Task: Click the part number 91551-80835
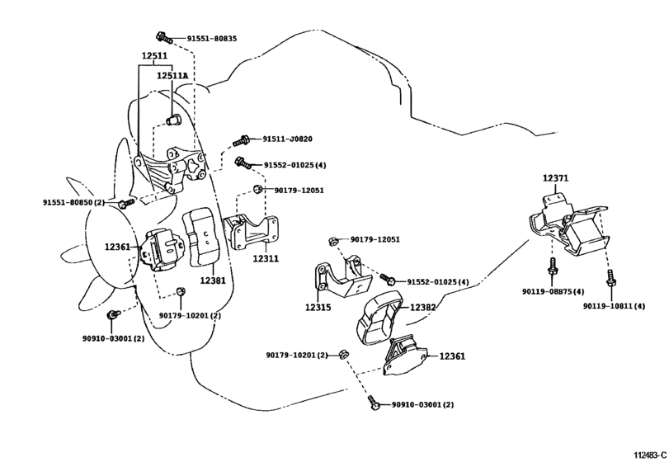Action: pyautogui.click(x=212, y=39)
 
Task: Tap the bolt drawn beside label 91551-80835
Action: pyautogui.click(x=164, y=37)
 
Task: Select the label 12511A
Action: pyautogui.click(x=172, y=76)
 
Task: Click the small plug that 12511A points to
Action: pyautogui.click(x=172, y=120)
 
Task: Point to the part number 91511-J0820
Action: pyautogui.click(x=287, y=139)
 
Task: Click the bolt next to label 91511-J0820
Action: pyautogui.click(x=242, y=140)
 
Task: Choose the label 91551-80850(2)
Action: pyautogui.click(x=73, y=202)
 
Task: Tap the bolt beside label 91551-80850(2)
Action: pyautogui.click(x=125, y=203)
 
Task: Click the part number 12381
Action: pyautogui.click(x=213, y=280)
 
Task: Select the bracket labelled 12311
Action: pyautogui.click(x=251, y=232)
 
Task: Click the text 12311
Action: pyautogui.click(x=266, y=258)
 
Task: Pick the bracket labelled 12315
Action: pyautogui.click(x=342, y=277)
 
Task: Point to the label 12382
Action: pyautogui.click(x=423, y=307)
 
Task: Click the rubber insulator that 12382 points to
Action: pyautogui.click(x=379, y=317)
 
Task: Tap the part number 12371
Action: pyautogui.click(x=555, y=178)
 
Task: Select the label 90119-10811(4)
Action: pyautogui.click(x=615, y=306)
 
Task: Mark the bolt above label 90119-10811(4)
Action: pyautogui.click(x=610, y=278)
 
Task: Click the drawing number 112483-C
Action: pyautogui.click(x=650, y=455)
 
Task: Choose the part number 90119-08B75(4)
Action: pyautogui.click(x=553, y=291)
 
